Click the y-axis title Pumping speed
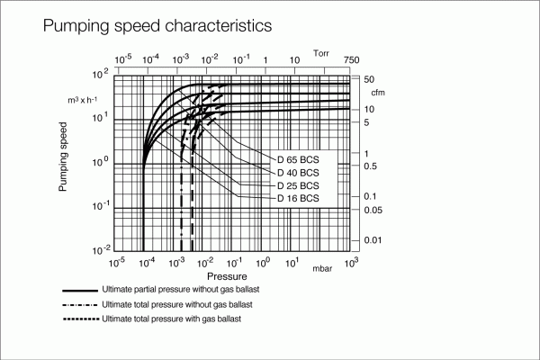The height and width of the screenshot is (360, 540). coord(64,163)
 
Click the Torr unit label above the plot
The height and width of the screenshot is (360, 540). coord(321,55)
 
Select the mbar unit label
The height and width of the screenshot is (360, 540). coord(322,269)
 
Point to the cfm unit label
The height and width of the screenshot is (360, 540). coord(378,93)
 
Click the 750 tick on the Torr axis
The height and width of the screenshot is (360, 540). coord(351,60)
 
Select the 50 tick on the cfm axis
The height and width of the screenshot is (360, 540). coord(369,80)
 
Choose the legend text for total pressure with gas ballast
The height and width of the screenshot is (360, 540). coord(172,319)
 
